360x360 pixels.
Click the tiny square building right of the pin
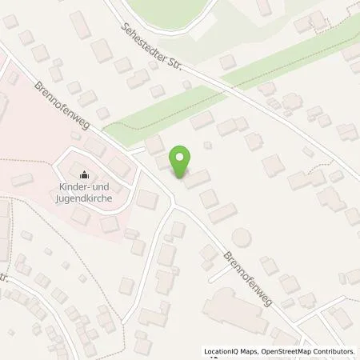pyautogui.click(x=208, y=145)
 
